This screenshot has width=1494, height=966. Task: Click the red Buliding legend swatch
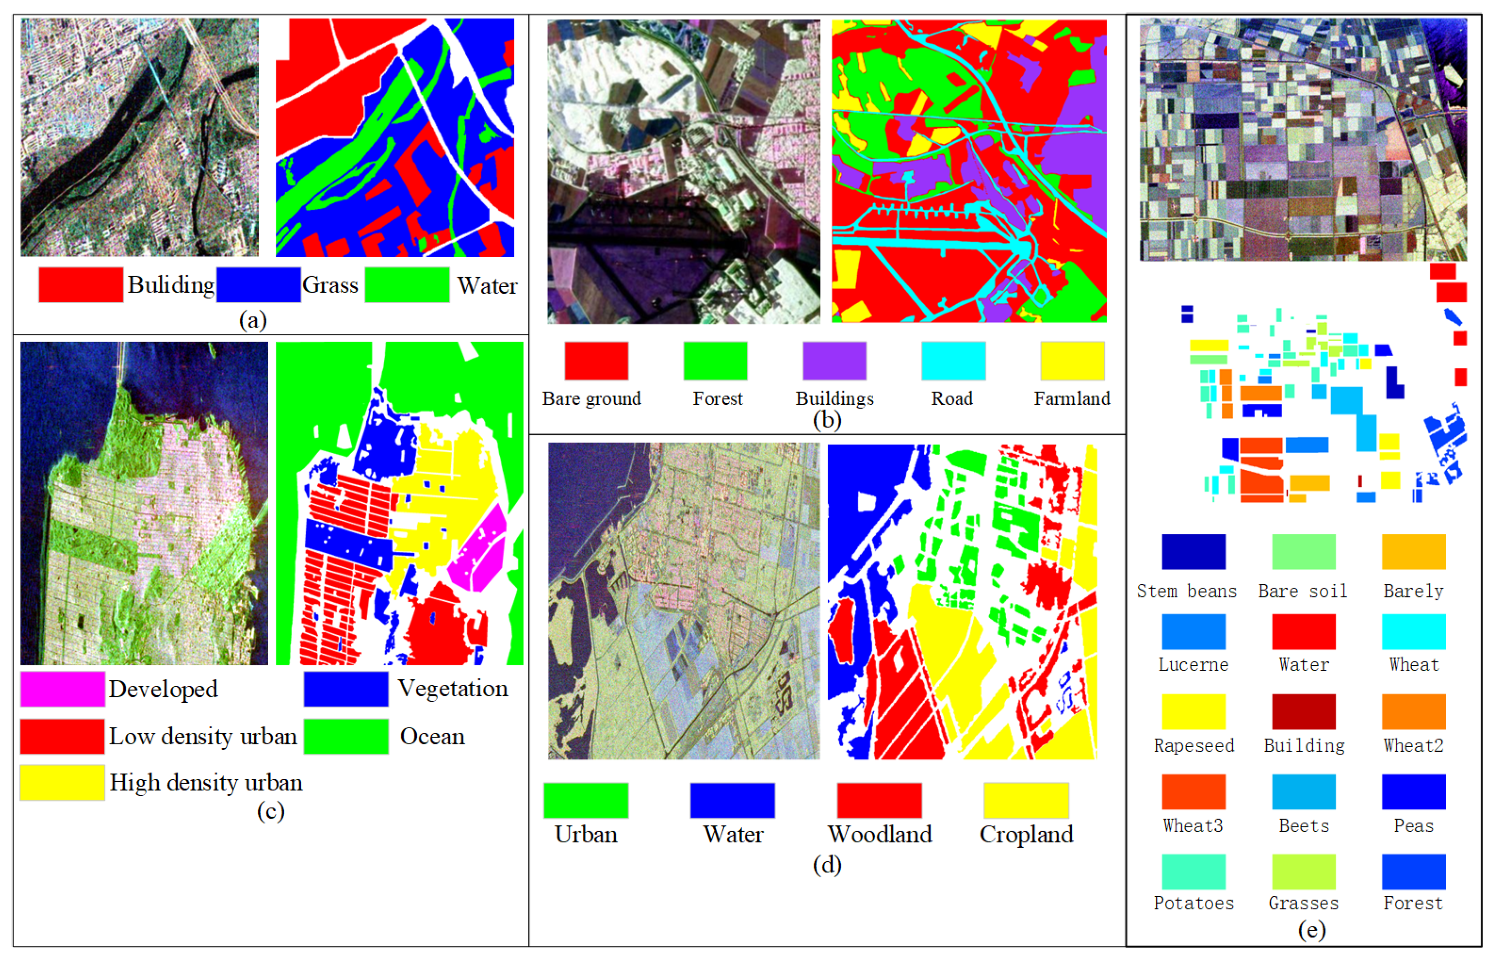click(80, 285)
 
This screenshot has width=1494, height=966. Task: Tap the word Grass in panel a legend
click(330, 285)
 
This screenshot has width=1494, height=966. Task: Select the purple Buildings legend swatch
click(834, 361)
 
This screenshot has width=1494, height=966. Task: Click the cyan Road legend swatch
click(953, 361)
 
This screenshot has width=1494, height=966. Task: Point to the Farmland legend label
click(1071, 399)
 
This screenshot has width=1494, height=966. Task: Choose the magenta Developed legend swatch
click(62, 689)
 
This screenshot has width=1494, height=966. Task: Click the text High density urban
click(206, 783)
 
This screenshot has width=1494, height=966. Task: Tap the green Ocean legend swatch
click(346, 736)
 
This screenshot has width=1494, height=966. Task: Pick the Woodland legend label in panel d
click(879, 834)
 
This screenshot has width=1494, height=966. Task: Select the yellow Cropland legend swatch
click(1025, 800)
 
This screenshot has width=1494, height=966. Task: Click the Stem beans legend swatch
click(1193, 551)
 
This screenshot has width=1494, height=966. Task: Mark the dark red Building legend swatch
click(1303, 711)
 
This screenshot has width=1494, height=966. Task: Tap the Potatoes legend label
click(1193, 903)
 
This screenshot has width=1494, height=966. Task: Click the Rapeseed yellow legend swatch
click(1193, 711)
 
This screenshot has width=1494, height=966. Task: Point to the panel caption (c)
click(270, 811)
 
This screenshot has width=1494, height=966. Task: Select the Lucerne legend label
click(1193, 665)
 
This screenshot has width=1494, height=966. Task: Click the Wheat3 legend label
click(1193, 826)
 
